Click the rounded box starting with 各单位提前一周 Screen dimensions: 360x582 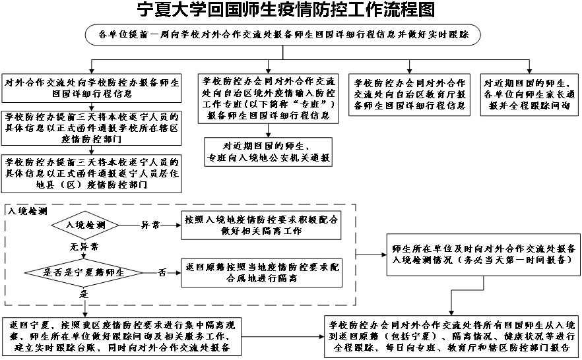tap(283, 34)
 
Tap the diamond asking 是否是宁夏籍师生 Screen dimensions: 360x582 tap(84, 271)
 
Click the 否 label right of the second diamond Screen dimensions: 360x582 tap(162, 271)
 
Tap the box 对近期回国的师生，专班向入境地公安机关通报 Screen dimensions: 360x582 tap(267, 152)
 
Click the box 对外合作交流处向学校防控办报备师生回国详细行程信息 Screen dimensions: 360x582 tap(92, 88)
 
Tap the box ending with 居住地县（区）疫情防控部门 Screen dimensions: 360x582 tap(92, 173)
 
